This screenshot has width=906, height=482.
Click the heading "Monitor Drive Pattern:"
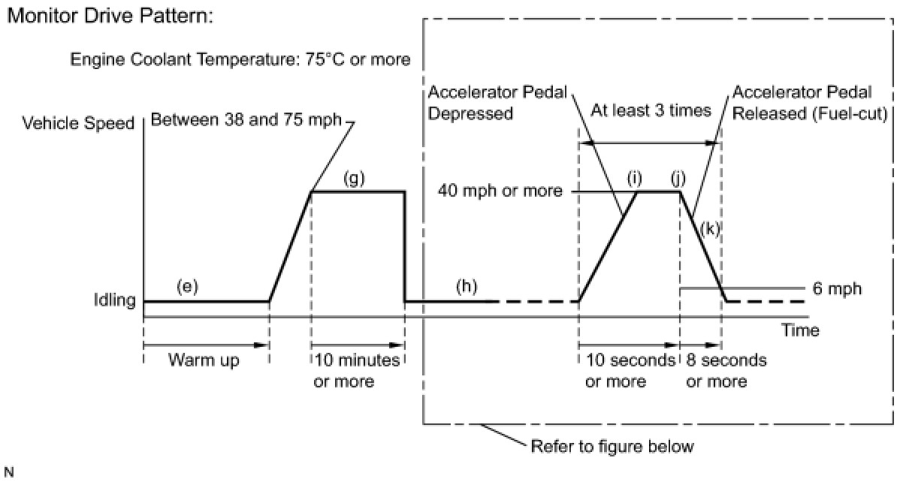pos(110,16)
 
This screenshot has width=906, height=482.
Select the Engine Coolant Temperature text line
pos(240,59)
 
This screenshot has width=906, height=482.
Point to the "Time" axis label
pos(799,330)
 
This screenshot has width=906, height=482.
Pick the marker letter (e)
pos(186,286)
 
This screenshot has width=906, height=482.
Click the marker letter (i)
pos(636,179)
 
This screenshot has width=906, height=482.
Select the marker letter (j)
pos(680,179)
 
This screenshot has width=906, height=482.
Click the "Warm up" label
pos(204,360)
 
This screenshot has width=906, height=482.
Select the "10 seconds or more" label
pos(628,371)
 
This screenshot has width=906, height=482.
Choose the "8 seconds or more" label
pos(726,371)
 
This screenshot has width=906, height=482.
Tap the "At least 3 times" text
pos(651,111)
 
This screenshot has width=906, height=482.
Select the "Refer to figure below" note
pos(612,447)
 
